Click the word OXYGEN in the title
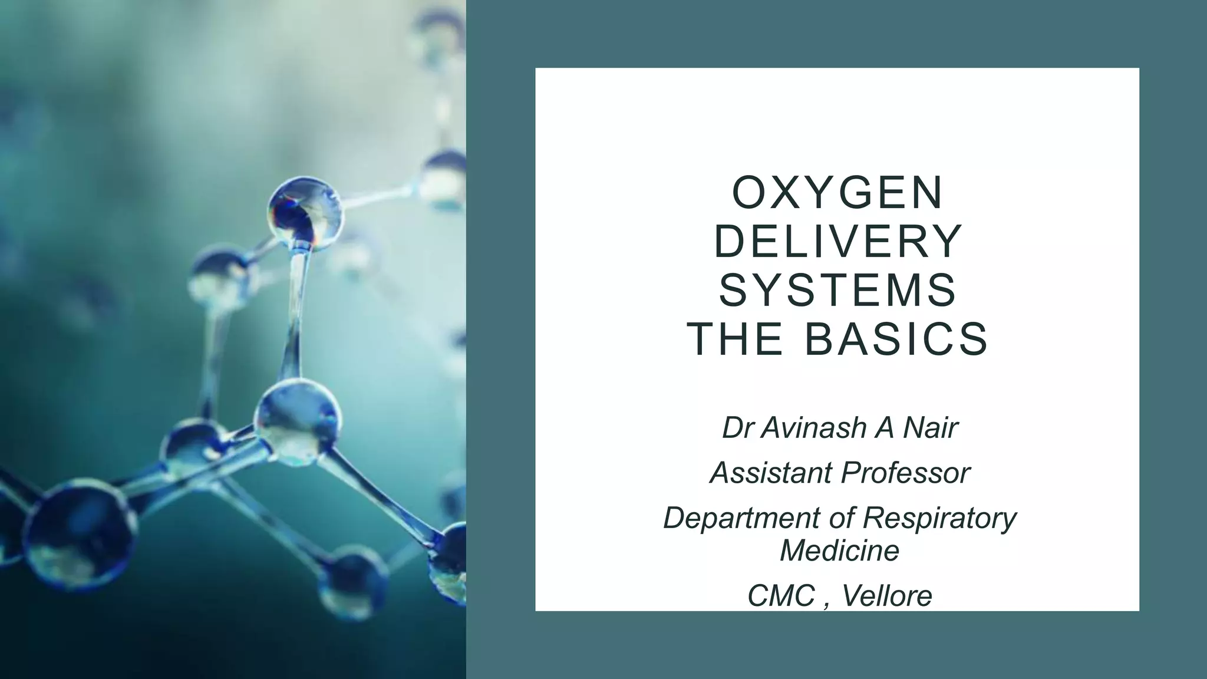coord(837,193)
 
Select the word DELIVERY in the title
coord(837,242)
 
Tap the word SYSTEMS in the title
coord(837,291)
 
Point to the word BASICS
coord(896,339)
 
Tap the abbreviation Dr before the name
coord(737,428)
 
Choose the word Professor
coord(905,473)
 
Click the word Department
coord(742,518)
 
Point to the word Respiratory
coord(940,518)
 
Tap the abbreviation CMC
coord(781,596)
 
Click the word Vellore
coord(887,596)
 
